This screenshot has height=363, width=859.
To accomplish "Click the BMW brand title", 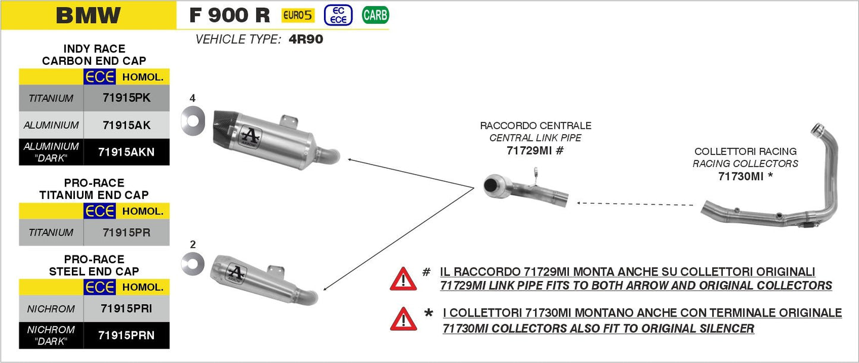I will pyautogui.click(x=88, y=15).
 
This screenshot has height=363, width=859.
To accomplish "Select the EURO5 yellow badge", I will pyautogui.click(x=298, y=15).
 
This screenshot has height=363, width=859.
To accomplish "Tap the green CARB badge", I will pyautogui.click(x=375, y=15).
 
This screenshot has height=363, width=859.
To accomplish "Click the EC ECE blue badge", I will pyautogui.click(x=338, y=15).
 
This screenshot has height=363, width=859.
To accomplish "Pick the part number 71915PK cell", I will pyautogui.click(x=126, y=98).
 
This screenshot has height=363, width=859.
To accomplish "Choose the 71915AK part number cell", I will pyautogui.click(x=126, y=125).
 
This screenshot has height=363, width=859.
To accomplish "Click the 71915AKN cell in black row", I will pyautogui.click(x=126, y=152).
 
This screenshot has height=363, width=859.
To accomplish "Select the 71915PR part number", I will pyautogui.click(x=126, y=233).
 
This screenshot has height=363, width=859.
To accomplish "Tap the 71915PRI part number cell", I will pyautogui.click(x=126, y=309).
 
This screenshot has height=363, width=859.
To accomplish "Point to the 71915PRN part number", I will pyautogui.click(x=126, y=336).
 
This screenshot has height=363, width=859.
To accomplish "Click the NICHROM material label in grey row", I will pyautogui.click(x=51, y=309).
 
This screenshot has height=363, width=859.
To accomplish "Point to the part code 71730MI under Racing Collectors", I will pyautogui.click(x=745, y=176).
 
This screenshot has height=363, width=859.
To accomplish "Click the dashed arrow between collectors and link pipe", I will pyautogui.click(x=636, y=204).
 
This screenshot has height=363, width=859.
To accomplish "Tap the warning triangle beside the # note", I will pyautogui.click(x=403, y=278).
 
